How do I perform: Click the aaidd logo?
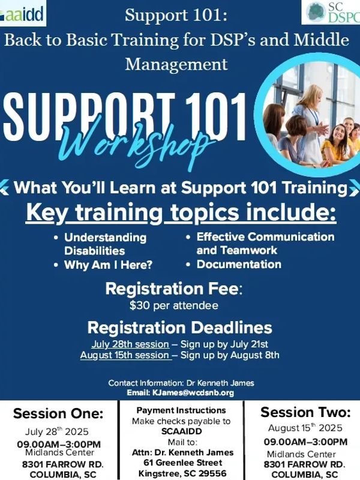tap(22, 13)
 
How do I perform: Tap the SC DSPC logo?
tap(331, 12)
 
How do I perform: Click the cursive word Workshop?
tap(134, 144)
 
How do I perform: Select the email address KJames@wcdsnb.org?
tap(193, 393)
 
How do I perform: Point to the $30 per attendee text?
tap(174, 305)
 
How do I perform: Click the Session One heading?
tap(58, 413)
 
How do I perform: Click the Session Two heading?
tap(305, 412)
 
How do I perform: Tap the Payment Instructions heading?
tap(181, 410)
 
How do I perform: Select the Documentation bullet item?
tap(239, 264)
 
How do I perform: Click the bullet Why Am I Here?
tap(108, 265)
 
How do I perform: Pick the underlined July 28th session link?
tap(130, 344)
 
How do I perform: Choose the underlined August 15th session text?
tap(126, 355)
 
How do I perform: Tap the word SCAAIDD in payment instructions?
tap(182, 431)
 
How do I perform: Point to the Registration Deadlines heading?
tap(179, 328)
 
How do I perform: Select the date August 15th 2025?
tap(305, 428)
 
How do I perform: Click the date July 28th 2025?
tap(56, 431)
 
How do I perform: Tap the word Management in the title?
tap(176, 65)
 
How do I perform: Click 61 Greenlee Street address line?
tap(183, 463)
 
